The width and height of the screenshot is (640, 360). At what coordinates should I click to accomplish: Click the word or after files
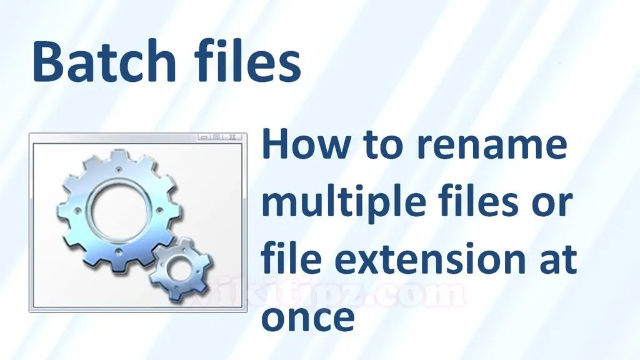click(554, 205)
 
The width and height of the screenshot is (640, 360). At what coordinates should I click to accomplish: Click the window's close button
click(233, 137)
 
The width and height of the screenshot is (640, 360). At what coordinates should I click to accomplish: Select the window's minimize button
click(204, 137)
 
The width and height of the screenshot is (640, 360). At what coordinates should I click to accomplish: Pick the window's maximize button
click(217, 137)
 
